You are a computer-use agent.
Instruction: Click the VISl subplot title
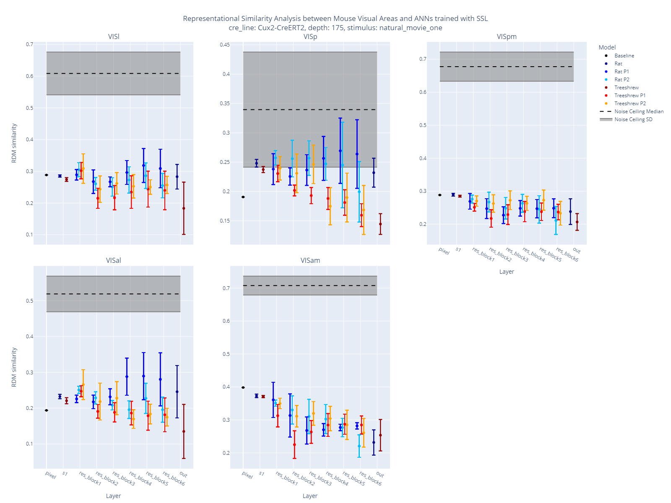[x=114, y=36]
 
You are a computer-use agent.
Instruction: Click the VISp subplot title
[x=310, y=36]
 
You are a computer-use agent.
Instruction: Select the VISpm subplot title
[x=507, y=36]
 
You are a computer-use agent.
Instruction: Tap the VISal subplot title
[x=114, y=260]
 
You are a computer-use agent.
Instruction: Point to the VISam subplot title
[x=310, y=260]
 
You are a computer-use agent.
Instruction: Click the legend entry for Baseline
[x=624, y=56]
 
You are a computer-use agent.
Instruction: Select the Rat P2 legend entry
[x=622, y=80]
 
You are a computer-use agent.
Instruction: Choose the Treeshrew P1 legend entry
[x=629, y=96]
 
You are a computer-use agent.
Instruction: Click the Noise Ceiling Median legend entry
[x=639, y=111]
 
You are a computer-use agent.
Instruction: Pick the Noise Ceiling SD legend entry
[x=633, y=119]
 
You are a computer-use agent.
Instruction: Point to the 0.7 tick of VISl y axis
[x=29, y=44]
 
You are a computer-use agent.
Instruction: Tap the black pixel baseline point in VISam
[x=243, y=388]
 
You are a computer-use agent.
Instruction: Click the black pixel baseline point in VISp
[x=243, y=197]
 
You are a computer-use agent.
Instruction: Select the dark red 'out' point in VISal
[x=184, y=431]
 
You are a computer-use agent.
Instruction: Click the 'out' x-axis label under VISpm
[x=577, y=251]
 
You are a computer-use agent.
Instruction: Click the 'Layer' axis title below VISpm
[x=507, y=272]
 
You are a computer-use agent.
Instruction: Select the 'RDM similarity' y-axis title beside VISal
[x=14, y=367]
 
